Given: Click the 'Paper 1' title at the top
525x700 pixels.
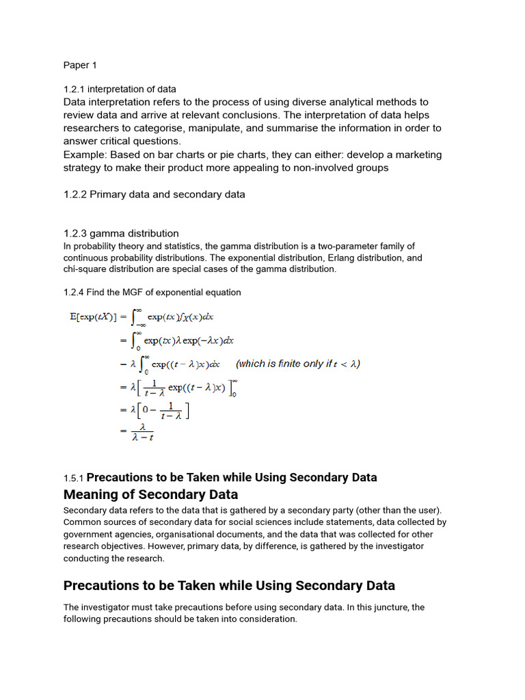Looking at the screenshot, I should (80, 66).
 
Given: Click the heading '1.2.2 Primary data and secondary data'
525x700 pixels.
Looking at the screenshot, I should (154, 194).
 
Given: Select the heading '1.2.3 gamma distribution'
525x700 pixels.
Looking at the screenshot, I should (121, 233).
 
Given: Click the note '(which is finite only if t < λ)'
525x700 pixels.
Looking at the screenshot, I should (298, 364).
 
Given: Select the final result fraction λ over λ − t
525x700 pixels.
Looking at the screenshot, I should (142, 432).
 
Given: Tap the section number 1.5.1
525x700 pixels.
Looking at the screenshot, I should (74, 478).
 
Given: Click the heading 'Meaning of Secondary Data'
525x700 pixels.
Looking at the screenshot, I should (150, 494).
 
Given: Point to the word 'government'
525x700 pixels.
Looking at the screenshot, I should (92, 534).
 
